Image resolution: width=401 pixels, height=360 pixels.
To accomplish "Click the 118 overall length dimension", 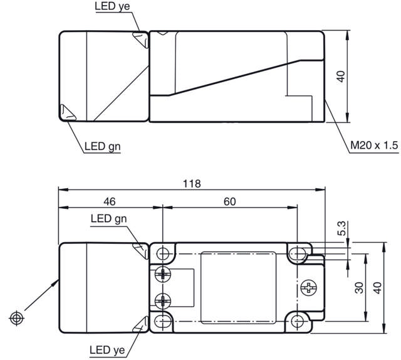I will [x=192, y=184].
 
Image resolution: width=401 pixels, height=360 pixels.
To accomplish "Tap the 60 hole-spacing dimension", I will [x=229, y=201].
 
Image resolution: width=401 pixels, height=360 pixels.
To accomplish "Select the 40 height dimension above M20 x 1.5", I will [x=341, y=76].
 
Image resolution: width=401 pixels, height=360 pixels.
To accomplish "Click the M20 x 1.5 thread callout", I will [x=373, y=146].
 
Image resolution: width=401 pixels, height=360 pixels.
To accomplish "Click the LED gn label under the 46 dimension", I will [x=108, y=219].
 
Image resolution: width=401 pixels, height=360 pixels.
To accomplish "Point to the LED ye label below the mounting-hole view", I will [x=108, y=349].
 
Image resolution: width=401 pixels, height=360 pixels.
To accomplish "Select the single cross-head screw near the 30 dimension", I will [x=308, y=288].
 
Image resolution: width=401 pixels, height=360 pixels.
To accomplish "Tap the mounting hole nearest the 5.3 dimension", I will [x=296, y=253].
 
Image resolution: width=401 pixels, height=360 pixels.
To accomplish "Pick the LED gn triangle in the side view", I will [x=66, y=113].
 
